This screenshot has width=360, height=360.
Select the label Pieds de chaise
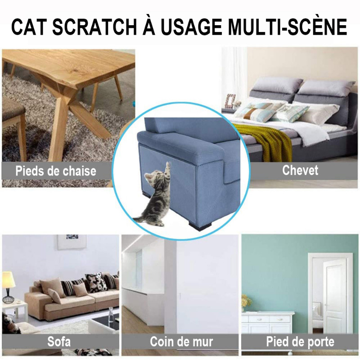pyautogui.click(x=56, y=171)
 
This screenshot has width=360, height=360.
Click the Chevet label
pyautogui.click(x=300, y=170)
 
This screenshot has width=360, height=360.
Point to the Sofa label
pyautogui.click(x=58, y=342)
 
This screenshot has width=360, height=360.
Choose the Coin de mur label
pyautogui.click(x=181, y=341)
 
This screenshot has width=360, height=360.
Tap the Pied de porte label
pyautogui.click(x=300, y=342)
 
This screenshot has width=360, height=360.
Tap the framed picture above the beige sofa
pyautogui.click(x=72, y=242)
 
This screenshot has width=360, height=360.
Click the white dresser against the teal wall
pyautogui.click(x=268, y=322)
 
